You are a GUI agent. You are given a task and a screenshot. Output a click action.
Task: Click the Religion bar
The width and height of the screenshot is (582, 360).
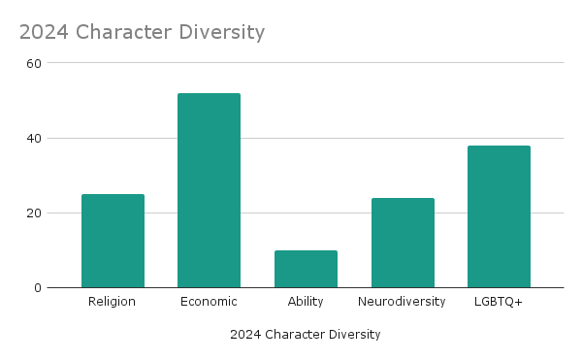click(113, 241)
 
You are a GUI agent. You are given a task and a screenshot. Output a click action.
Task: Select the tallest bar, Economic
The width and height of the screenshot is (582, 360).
click(209, 190)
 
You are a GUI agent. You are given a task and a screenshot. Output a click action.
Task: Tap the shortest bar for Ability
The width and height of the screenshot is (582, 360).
click(306, 269)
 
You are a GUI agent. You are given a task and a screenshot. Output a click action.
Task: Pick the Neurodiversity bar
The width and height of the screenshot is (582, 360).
click(403, 243)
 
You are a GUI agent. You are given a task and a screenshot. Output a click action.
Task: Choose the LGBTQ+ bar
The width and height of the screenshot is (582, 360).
click(499, 216)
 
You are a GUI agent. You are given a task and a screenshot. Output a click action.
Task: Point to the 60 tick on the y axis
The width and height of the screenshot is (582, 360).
click(34, 63)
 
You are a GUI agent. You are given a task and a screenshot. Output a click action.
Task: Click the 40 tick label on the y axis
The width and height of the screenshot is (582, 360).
click(34, 138)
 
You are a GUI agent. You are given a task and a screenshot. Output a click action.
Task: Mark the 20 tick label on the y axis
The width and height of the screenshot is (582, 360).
click(34, 213)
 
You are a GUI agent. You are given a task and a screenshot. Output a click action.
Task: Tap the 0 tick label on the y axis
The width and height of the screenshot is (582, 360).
click(38, 287)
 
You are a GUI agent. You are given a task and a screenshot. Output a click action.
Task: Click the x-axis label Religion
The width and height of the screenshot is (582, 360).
click(113, 302)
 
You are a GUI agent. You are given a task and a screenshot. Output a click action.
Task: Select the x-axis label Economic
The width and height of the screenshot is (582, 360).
click(209, 302)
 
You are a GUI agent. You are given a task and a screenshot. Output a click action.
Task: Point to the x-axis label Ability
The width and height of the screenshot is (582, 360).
click(306, 302)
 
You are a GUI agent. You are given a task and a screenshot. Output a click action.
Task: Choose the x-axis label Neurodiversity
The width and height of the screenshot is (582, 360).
click(403, 302)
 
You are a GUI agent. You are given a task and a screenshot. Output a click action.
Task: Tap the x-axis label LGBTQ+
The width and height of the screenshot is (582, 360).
click(499, 302)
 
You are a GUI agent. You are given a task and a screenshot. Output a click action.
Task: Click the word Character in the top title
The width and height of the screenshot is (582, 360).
click(122, 32)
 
